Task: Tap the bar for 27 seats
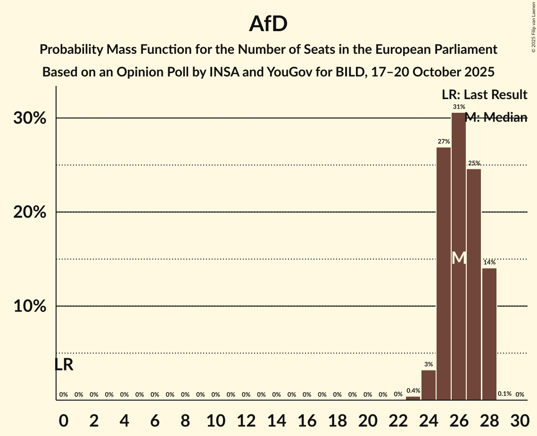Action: point(474,283)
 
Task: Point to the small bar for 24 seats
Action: point(429,385)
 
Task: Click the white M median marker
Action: point(459,258)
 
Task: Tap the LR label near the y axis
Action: point(64,365)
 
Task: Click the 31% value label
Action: point(459,107)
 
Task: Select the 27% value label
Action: point(444,142)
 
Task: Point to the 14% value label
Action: point(489,262)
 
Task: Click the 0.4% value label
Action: point(413,391)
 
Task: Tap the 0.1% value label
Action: point(504,394)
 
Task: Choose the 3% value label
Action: point(429,364)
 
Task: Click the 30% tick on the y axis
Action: point(30,118)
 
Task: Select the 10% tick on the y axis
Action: point(30,306)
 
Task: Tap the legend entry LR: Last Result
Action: point(484,95)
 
